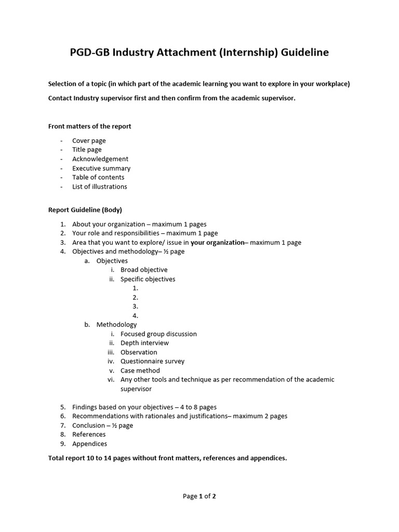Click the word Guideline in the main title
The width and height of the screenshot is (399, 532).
tap(304, 52)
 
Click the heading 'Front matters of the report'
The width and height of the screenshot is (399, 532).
tap(89, 126)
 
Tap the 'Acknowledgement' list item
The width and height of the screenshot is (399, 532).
tap(100, 159)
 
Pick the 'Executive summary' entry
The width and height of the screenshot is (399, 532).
tap(101, 168)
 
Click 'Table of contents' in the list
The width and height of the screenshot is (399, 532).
tap(98, 177)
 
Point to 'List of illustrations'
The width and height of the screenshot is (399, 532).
tap(99, 187)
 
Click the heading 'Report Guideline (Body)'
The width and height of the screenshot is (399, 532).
tap(85, 210)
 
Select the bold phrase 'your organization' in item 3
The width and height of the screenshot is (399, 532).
tap(217, 243)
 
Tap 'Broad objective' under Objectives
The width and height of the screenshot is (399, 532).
tap(144, 270)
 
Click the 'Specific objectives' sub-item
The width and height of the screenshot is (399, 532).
tap(148, 279)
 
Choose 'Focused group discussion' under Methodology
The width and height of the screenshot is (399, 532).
tap(158, 334)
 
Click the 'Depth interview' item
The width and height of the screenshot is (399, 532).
tap(144, 343)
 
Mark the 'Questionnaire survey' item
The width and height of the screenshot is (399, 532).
tap(152, 361)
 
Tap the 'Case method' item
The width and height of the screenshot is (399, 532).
tap(140, 370)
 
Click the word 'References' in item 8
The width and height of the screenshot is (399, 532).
tap(89, 434)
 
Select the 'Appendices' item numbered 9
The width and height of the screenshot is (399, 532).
tap(89, 444)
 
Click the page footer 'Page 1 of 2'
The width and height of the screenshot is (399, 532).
tap(199, 496)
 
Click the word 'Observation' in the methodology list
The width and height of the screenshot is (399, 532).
tap(139, 352)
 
